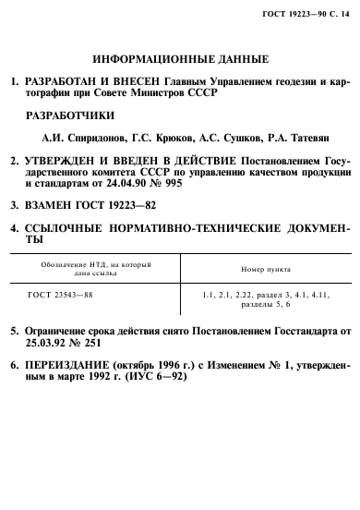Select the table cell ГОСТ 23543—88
[x=63, y=294]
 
